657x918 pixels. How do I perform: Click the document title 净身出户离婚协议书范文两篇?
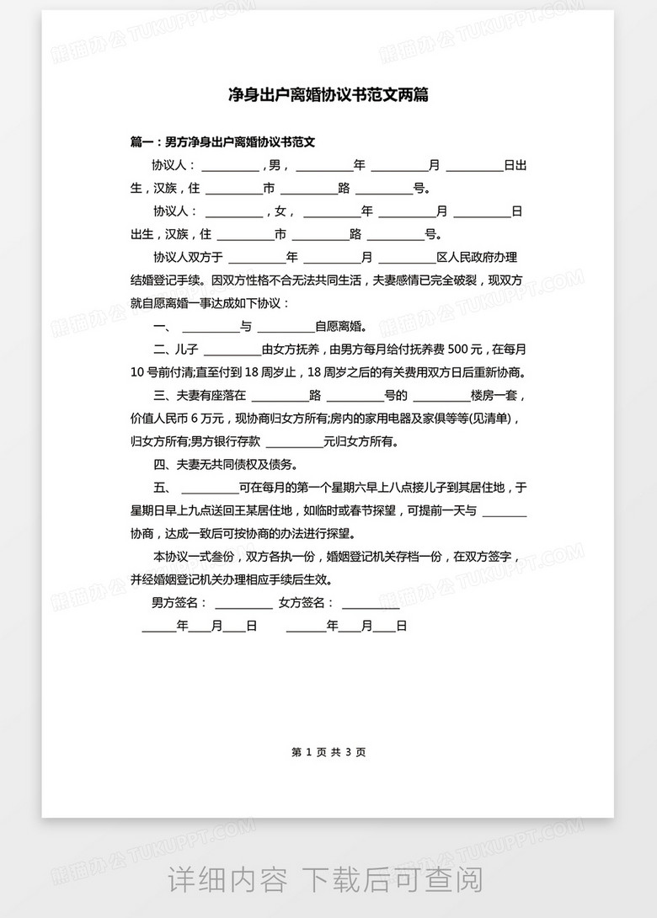pyautogui.click(x=328, y=94)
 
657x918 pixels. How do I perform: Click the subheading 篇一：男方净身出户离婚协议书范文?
pyautogui.click(x=223, y=142)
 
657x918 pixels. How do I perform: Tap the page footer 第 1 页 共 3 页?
pyautogui.click(x=328, y=752)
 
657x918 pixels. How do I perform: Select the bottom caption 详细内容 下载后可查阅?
pyautogui.click(x=326, y=880)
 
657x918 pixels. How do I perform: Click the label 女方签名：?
pyautogui.click(x=307, y=603)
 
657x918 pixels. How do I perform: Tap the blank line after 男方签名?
pyautogui.click(x=243, y=605)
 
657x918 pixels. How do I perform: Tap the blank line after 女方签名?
pyautogui.click(x=371, y=605)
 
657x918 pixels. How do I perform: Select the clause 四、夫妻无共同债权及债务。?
pyautogui.click(x=225, y=465)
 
